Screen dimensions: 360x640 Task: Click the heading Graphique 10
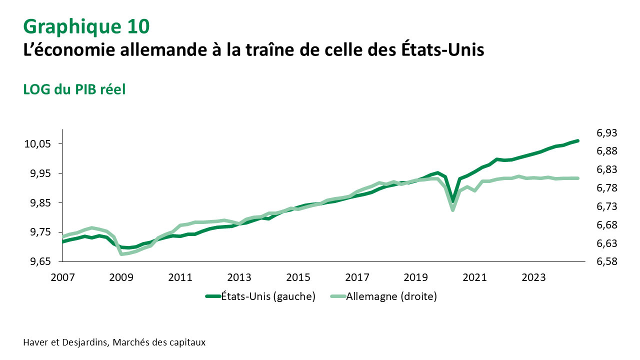(x=86, y=26)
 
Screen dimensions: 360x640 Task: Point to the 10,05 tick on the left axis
(x=37, y=144)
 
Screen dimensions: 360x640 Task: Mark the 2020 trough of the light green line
(x=453, y=210)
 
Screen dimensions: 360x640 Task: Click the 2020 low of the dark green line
(x=453, y=201)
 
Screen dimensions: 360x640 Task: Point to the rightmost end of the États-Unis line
(x=578, y=141)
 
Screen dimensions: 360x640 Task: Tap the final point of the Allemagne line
(x=578, y=178)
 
